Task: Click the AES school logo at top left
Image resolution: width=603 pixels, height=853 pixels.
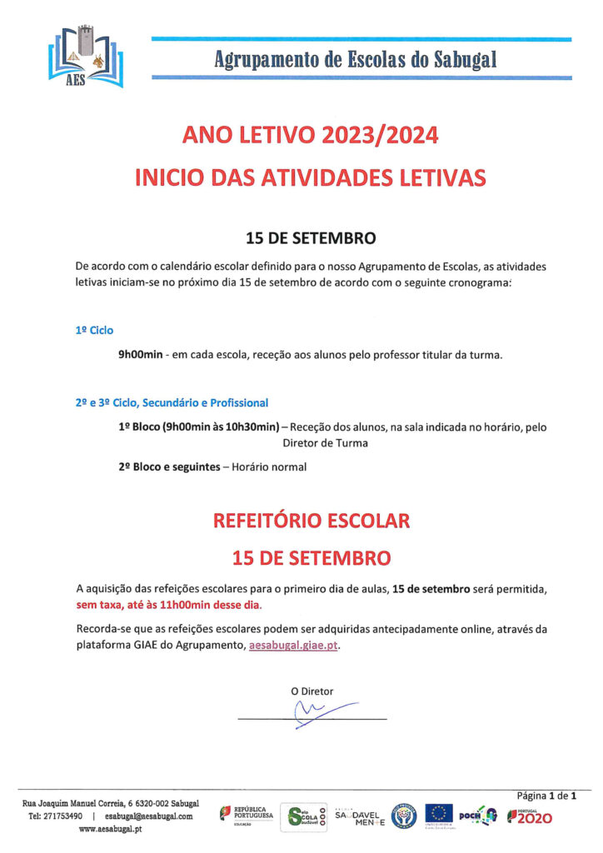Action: point(86,58)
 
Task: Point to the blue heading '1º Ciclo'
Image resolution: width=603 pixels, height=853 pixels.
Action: point(94,331)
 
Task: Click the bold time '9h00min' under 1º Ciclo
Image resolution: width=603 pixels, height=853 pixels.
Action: point(140,355)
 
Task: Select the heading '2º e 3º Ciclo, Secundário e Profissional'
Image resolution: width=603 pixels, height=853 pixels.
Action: point(172,403)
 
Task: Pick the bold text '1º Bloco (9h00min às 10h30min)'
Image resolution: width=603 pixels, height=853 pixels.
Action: point(199,427)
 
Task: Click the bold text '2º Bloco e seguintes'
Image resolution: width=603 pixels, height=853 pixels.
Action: point(169,467)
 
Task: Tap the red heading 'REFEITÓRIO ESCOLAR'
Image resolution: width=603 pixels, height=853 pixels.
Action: point(311,521)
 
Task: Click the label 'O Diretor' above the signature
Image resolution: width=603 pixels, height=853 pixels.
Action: point(311,691)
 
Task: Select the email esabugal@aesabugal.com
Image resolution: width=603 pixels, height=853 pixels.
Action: point(149,816)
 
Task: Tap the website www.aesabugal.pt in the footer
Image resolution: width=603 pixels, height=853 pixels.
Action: point(110,830)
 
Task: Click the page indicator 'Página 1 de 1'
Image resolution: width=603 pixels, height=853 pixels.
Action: point(547,796)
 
